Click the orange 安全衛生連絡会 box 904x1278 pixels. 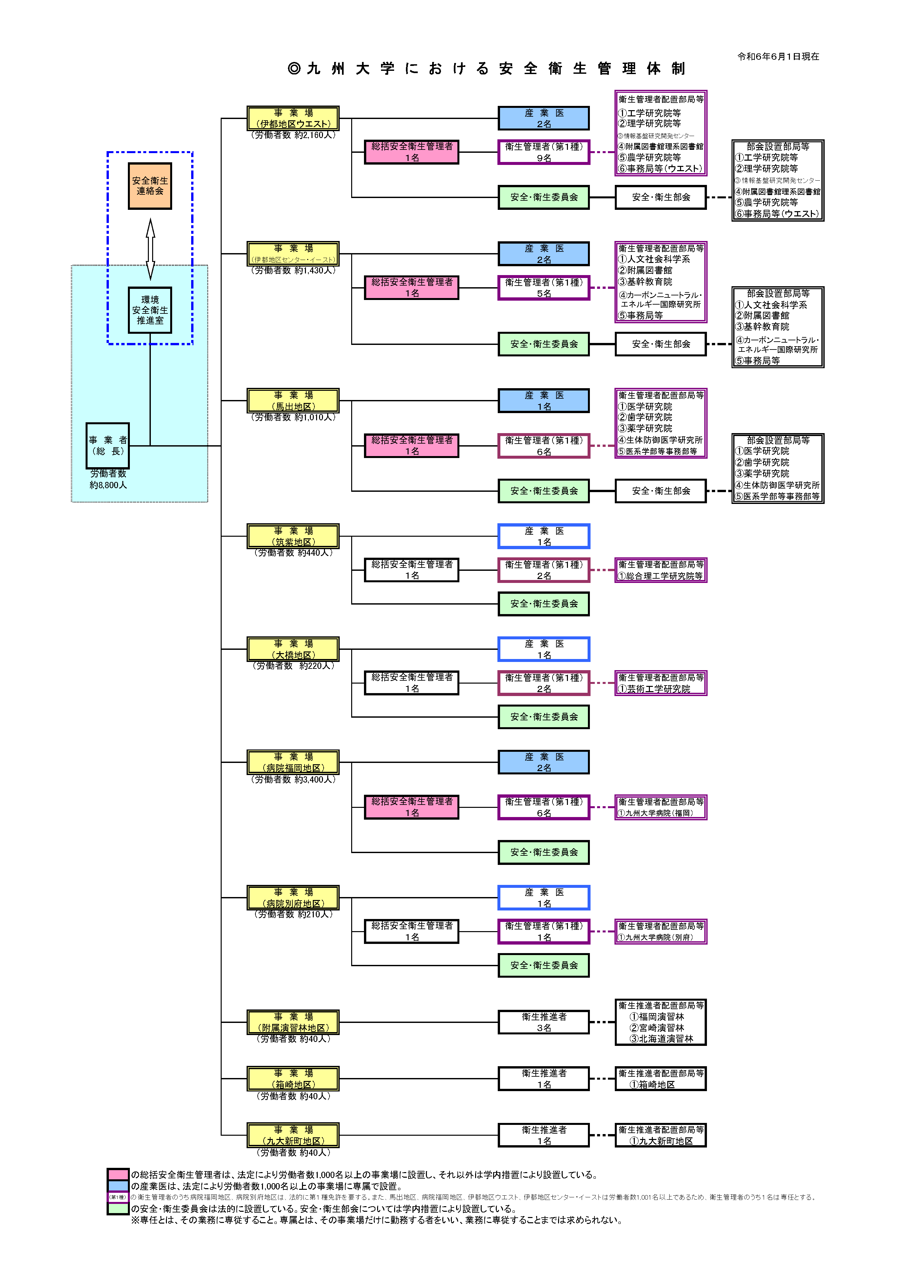point(150,186)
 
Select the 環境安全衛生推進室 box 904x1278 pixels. point(150,310)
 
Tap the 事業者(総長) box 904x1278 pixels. point(108,445)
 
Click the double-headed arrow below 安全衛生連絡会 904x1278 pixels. point(150,249)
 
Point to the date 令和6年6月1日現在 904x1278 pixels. point(778,56)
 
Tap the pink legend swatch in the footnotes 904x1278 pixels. point(118,1174)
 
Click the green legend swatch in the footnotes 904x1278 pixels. point(118,1208)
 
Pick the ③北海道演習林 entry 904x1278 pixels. point(661,1039)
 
